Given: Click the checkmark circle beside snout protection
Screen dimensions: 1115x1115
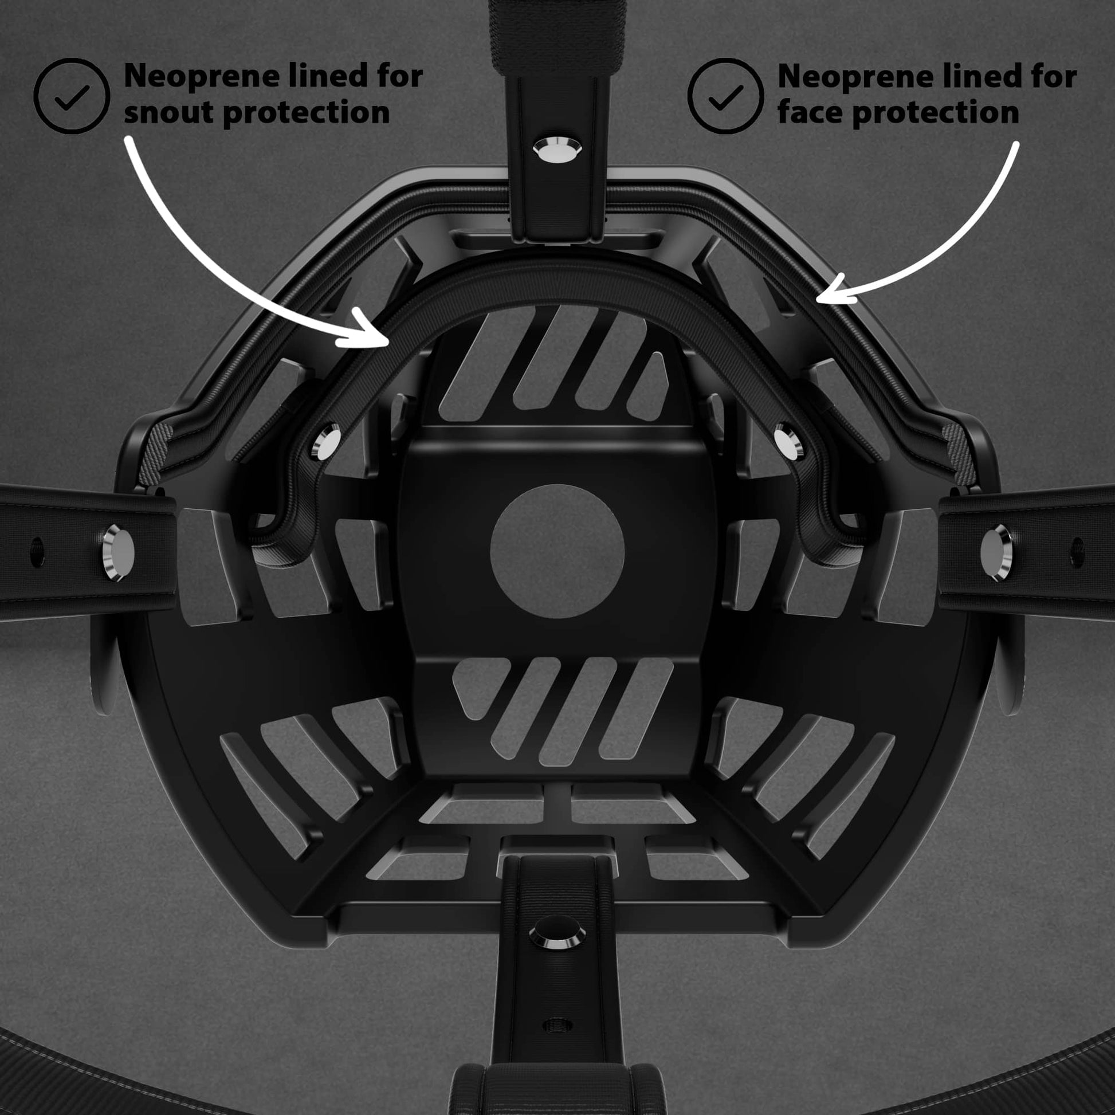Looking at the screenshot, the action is (x=72, y=96).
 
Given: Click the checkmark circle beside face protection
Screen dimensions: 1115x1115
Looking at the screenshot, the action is (x=725, y=96).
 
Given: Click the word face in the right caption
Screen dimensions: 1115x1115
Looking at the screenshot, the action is (x=810, y=111).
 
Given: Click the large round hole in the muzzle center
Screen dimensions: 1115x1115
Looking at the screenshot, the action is (x=557, y=551).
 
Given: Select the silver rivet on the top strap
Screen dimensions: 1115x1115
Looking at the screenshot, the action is (x=557, y=150).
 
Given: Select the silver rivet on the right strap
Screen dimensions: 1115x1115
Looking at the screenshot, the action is (x=996, y=553).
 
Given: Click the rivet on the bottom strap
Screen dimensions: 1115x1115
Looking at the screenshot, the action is (x=557, y=933).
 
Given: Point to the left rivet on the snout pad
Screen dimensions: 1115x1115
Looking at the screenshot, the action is (x=326, y=443).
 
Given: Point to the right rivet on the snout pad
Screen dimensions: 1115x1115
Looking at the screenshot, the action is (x=788, y=442).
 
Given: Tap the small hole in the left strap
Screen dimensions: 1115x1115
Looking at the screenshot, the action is (x=37, y=552).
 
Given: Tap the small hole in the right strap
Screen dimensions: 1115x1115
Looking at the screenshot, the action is (x=1077, y=552).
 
